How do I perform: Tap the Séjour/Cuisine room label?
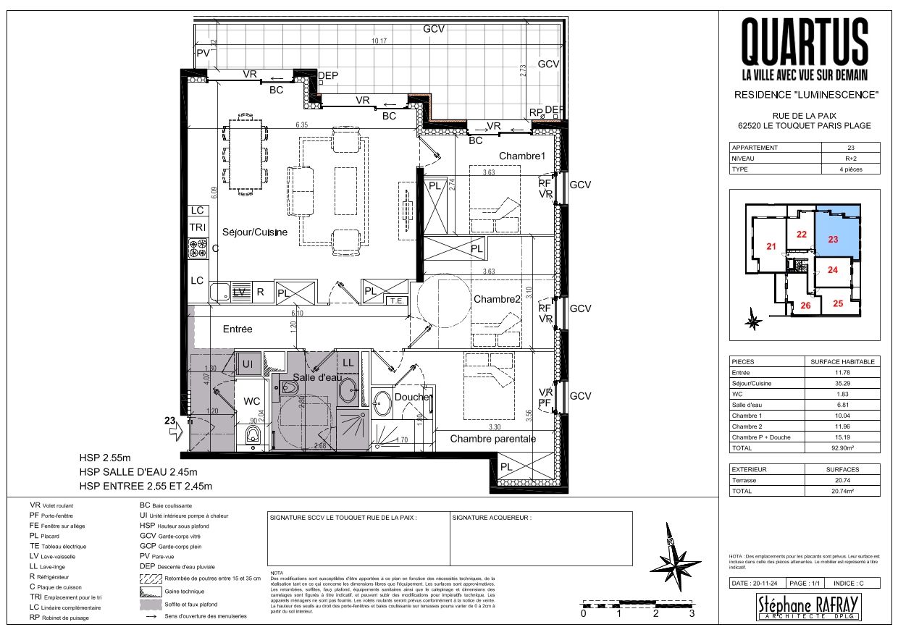254,232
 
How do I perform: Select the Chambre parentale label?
493,439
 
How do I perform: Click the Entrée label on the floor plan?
237,329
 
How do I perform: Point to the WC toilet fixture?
252,434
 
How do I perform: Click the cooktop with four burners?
198,249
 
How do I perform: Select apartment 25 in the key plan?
838,303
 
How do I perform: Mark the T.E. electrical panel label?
395,300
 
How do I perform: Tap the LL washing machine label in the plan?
348,362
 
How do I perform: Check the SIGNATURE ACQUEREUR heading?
492,518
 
